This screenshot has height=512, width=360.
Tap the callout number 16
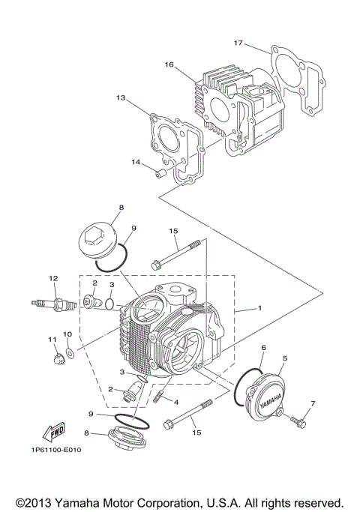click(x=169, y=65)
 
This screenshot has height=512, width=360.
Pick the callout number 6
click(x=263, y=348)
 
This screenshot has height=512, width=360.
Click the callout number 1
click(x=259, y=308)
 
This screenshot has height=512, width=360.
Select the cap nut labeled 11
click(x=55, y=360)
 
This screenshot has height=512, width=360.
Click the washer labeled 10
click(x=69, y=351)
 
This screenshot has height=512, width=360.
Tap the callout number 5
click(x=284, y=359)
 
